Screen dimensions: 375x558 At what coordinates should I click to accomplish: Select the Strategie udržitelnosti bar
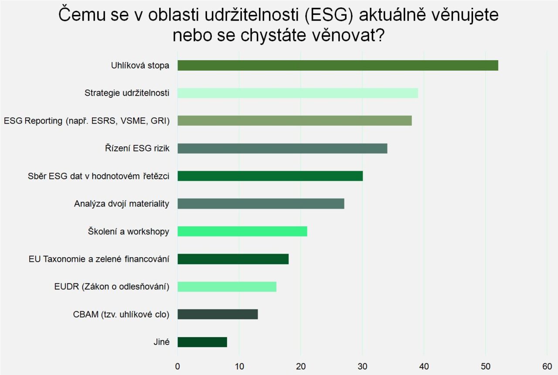coord(297,93)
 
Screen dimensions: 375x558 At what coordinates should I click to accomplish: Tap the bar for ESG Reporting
coord(294,120)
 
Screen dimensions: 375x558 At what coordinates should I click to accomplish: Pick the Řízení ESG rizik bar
coord(282,148)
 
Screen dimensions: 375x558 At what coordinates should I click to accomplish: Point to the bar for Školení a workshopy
coord(242,231)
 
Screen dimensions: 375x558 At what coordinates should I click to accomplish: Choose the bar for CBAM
coord(218,314)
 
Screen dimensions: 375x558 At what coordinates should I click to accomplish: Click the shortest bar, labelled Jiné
coord(202,342)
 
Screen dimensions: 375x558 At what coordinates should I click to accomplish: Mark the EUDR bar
coord(227,287)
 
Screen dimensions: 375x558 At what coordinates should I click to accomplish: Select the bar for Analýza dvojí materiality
coord(261,204)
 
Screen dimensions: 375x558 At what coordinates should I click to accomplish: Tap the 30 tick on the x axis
coord(362,366)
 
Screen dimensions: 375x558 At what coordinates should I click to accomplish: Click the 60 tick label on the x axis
coord(547,366)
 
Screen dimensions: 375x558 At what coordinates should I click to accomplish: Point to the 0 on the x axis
coord(177,366)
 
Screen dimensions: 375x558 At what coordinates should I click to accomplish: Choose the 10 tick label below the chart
coord(239,366)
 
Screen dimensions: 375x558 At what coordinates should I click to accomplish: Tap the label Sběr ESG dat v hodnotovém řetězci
coord(98,176)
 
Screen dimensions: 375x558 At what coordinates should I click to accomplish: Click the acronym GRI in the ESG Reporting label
coord(159,121)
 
